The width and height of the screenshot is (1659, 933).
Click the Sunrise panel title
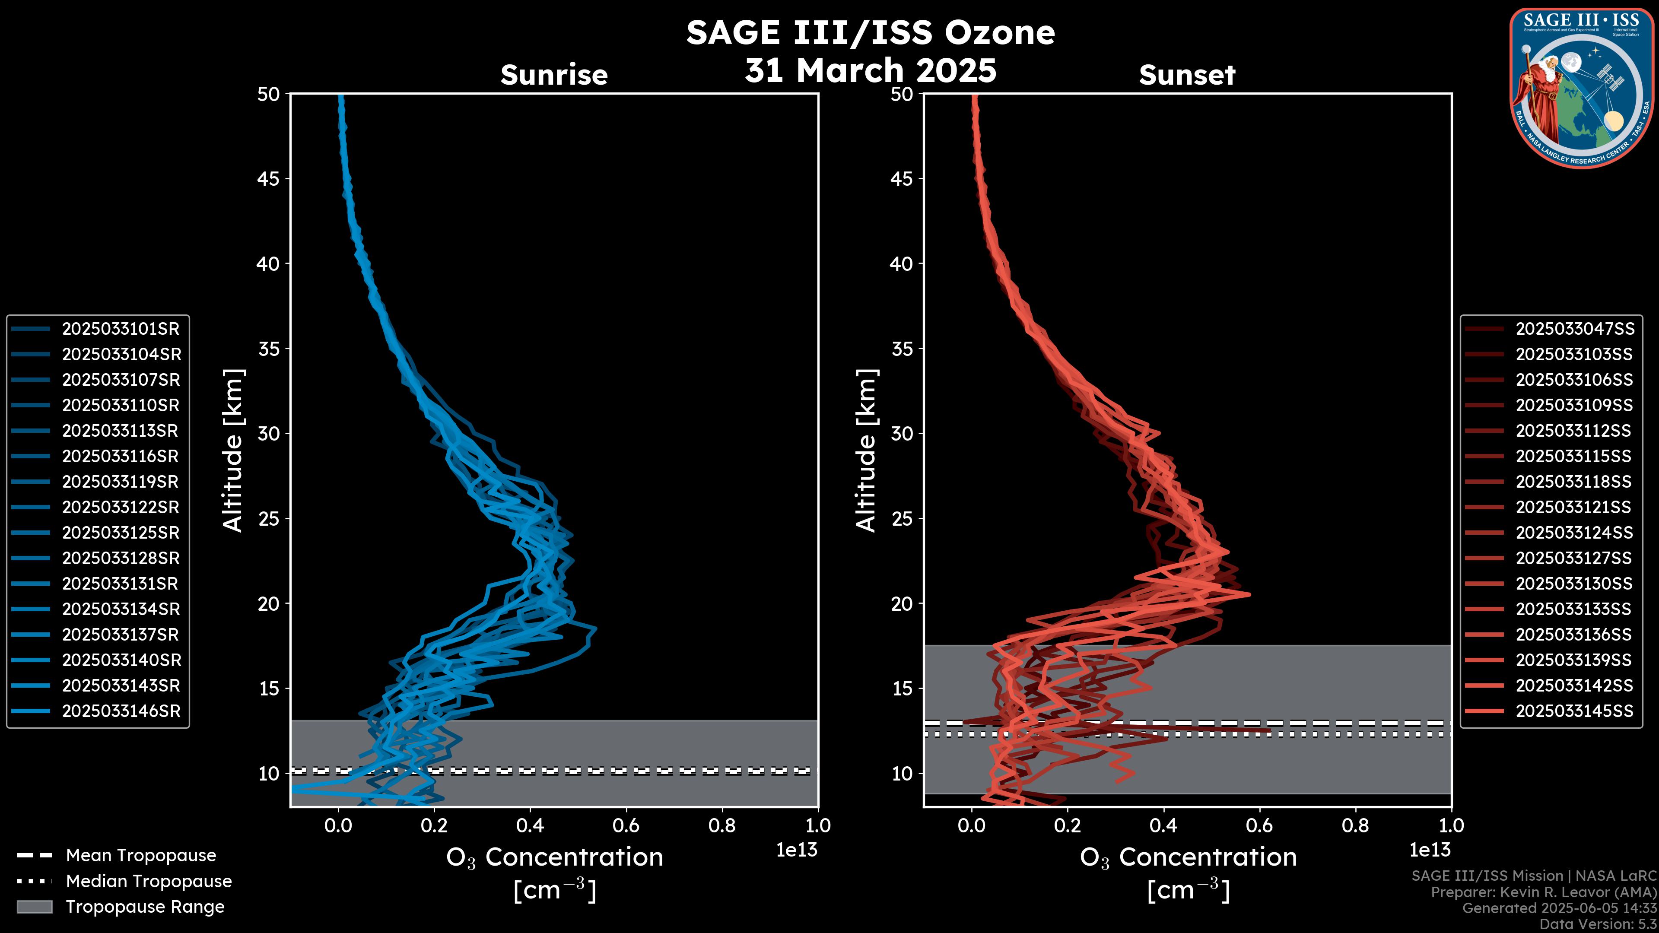(554, 75)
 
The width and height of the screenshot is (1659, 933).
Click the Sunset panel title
(1187, 75)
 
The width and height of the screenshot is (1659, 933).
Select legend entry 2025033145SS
(1574, 711)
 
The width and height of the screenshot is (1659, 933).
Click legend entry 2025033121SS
(1574, 508)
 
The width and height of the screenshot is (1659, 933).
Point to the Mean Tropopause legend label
(141, 855)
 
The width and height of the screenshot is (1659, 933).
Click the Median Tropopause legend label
(149, 881)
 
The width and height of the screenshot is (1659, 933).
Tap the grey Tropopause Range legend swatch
(34, 907)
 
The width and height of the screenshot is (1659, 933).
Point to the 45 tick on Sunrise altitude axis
(269, 178)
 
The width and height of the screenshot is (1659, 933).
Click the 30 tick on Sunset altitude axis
(902, 433)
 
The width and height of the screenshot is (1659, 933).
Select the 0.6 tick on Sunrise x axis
(626, 825)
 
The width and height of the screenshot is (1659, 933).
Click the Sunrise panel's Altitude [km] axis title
(233, 450)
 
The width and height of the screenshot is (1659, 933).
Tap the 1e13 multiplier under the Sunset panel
(1430, 850)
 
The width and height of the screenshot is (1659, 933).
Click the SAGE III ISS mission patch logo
(1582, 88)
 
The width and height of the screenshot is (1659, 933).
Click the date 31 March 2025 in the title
(870, 70)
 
